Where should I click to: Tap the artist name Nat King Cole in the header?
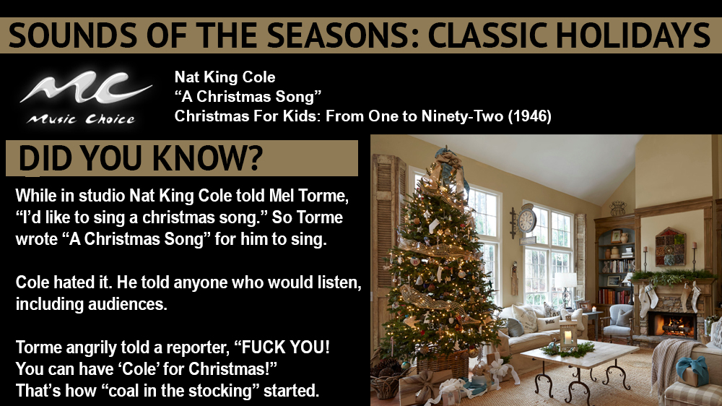pos(225,77)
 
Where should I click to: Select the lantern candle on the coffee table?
pos(569,335)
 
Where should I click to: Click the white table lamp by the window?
pos(565,282)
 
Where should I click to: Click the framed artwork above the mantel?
pos(670,246)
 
